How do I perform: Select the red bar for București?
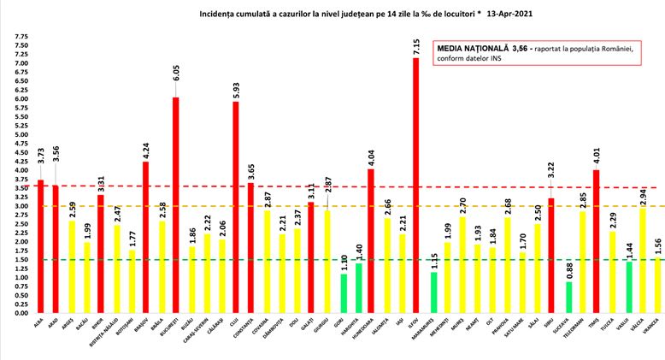(175, 205)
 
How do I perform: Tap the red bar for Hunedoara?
(371, 240)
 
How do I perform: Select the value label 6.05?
(175, 84)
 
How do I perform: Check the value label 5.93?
(236, 88)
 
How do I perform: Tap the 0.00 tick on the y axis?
(21, 313)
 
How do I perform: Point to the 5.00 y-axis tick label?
(21, 135)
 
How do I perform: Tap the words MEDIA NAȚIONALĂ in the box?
(474, 49)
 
